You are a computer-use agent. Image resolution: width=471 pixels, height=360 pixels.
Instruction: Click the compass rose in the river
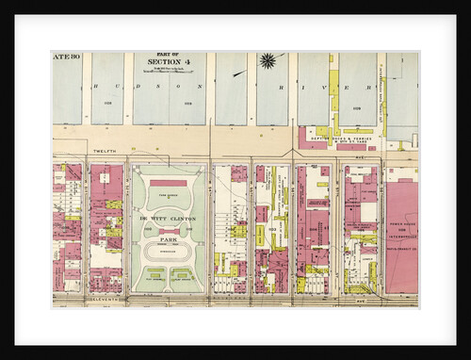point(268,61)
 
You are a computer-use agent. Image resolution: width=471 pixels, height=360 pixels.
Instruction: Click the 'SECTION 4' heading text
point(168,63)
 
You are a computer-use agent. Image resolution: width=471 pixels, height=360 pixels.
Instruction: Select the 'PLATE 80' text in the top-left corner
point(67,57)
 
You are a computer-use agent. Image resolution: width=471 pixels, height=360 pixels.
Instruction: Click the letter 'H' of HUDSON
point(98,84)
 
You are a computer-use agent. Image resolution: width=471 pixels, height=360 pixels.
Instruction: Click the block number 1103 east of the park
point(272,229)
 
